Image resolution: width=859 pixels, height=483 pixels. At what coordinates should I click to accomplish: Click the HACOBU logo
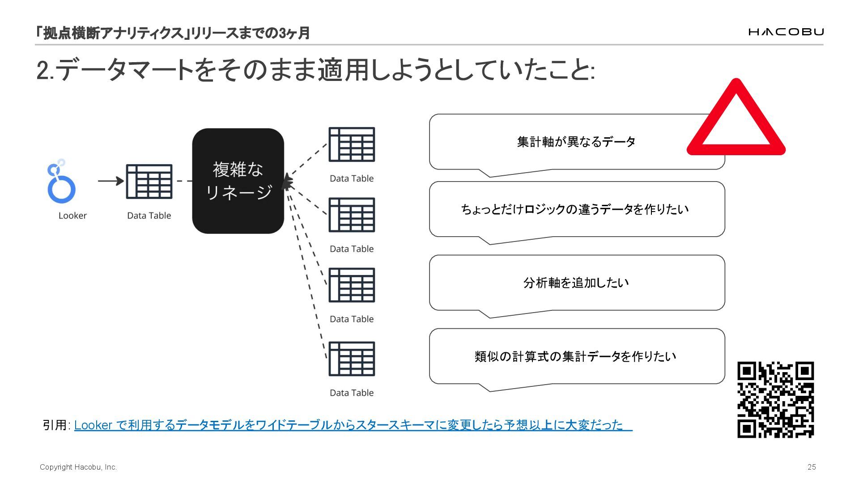[786, 32]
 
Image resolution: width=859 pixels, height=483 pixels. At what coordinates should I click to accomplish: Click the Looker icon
[61, 182]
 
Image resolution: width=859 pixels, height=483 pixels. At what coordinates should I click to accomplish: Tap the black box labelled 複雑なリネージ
[238, 181]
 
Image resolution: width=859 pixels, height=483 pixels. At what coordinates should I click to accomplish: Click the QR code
[775, 399]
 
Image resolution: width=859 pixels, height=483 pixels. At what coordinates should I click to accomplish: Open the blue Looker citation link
[353, 424]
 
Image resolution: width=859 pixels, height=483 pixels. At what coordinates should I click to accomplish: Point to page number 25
[812, 467]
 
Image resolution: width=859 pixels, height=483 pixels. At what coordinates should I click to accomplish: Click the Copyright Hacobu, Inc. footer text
[78, 467]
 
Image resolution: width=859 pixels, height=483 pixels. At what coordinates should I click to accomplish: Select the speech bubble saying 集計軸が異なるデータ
[576, 142]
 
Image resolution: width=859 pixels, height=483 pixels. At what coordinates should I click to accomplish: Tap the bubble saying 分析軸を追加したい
[576, 283]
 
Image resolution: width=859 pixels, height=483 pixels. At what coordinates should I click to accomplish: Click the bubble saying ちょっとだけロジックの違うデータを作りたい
[576, 209]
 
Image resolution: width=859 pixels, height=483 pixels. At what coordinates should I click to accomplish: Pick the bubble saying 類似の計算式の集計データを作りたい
[576, 356]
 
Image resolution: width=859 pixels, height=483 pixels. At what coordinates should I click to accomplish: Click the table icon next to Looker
[149, 181]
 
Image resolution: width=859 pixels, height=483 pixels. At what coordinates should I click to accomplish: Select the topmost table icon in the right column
[352, 144]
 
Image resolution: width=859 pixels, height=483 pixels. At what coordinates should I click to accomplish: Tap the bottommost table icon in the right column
[352, 359]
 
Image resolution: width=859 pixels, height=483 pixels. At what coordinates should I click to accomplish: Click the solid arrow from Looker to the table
[111, 181]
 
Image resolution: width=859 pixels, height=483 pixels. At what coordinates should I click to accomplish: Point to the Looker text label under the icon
[72, 216]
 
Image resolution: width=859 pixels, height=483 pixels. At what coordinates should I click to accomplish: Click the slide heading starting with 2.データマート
[315, 71]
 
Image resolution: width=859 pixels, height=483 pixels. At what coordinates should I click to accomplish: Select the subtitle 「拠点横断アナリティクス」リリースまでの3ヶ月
[173, 33]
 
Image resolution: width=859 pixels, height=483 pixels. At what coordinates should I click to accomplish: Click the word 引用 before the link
[55, 425]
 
